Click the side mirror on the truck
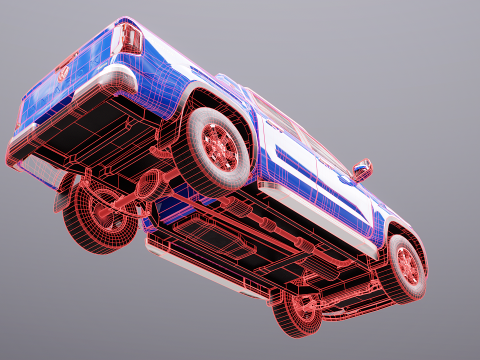(x=361, y=169)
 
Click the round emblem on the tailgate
(x=64, y=71)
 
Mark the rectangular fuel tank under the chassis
(x=215, y=239)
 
